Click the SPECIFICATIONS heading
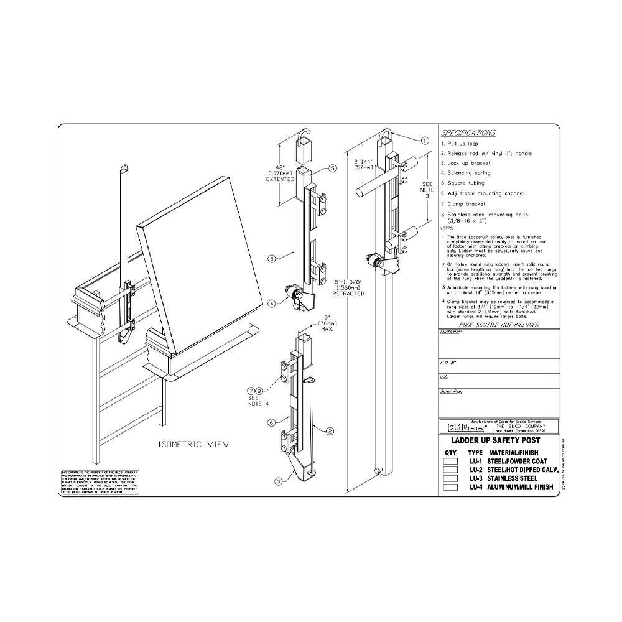468,133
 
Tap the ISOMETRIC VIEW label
193,444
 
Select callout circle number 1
425,141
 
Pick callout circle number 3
279,480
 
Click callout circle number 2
330,430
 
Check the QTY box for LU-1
450,462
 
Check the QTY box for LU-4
450,488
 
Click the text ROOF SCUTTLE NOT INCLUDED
499,325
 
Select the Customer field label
450,333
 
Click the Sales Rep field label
451,392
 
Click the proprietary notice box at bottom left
99,483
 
